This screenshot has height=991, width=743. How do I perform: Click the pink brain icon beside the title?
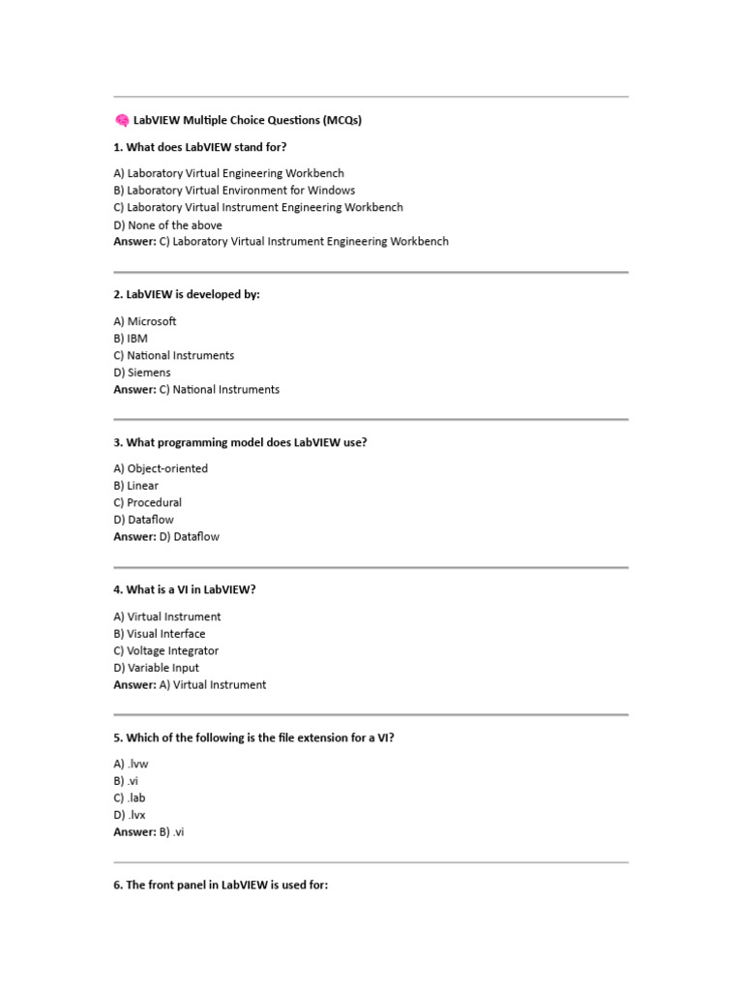pos(122,121)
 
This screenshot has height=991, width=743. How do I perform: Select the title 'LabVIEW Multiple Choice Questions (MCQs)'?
pos(248,121)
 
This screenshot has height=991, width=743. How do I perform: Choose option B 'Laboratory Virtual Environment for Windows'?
pos(234,191)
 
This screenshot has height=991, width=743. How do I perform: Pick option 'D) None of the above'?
pos(167,225)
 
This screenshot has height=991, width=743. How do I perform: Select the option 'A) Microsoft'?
pos(145,321)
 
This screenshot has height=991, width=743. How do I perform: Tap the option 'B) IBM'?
pos(131,339)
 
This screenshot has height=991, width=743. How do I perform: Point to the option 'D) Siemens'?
pos(142,373)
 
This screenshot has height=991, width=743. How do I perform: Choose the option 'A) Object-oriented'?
pos(161,468)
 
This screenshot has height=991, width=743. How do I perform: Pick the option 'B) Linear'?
pos(136,486)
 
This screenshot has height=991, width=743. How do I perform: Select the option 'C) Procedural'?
pos(147,503)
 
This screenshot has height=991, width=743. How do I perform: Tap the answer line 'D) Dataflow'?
pos(166,537)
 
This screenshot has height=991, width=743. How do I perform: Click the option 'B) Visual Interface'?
pos(160,634)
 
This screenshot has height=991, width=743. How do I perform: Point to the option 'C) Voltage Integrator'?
pos(166,651)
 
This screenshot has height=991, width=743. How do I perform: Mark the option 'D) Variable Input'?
pos(157,668)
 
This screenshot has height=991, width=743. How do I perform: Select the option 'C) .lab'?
pos(130,798)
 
